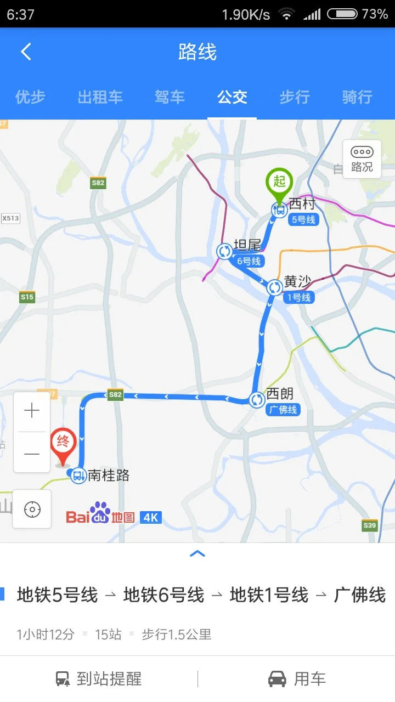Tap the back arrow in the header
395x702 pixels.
point(26,52)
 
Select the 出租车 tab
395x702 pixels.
point(100,98)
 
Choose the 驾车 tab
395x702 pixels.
point(170,98)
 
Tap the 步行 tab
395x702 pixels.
point(295,98)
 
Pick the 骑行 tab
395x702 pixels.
point(357,98)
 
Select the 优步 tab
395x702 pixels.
point(30,98)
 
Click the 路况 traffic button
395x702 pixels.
point(362,159)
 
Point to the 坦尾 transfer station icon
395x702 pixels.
point(224,252)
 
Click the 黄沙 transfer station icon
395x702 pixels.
point(274,287)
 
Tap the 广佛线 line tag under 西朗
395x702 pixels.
point(283,410)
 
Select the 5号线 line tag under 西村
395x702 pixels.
point(303,219)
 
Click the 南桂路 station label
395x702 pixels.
point(109,475)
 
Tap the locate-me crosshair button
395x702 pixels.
point(32,509)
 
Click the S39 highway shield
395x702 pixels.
point(370,525)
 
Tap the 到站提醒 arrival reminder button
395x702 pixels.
point(99,679)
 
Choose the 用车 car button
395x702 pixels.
point(296,679)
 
